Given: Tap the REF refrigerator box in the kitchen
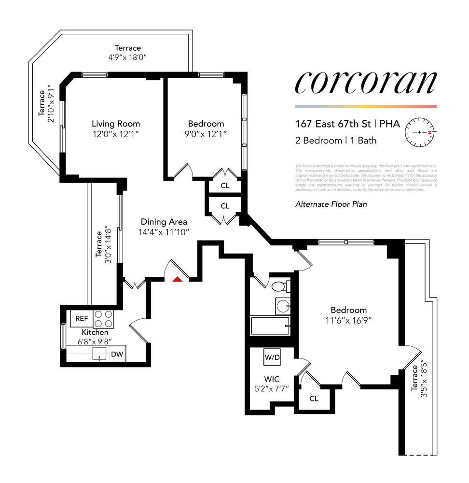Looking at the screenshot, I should pyautogui.click(x=82, y=319).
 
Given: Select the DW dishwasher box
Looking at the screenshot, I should pyautogui.click(x=117, y=354).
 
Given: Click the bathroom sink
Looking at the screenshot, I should pyautogui.click(x=283, y=306).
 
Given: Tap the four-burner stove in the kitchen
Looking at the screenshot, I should pyautogui.click(x=103, y=319).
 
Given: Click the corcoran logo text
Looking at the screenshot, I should pyautogui.click(x=366, y=83).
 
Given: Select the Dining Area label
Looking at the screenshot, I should pyautogui.click(x=164, y=222).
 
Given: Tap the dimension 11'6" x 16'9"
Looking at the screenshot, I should pyautogui.click(x=348, y=320).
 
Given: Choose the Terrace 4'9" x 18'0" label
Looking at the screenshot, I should pyautogui.click(x=128, y=52).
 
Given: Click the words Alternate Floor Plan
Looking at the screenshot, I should pyautogui.click(x=331, y=204).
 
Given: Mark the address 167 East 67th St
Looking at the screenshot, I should pyautogui.click(x=333, y=124).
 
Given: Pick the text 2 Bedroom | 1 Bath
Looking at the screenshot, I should pyautogui.click(x=336, y=141).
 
